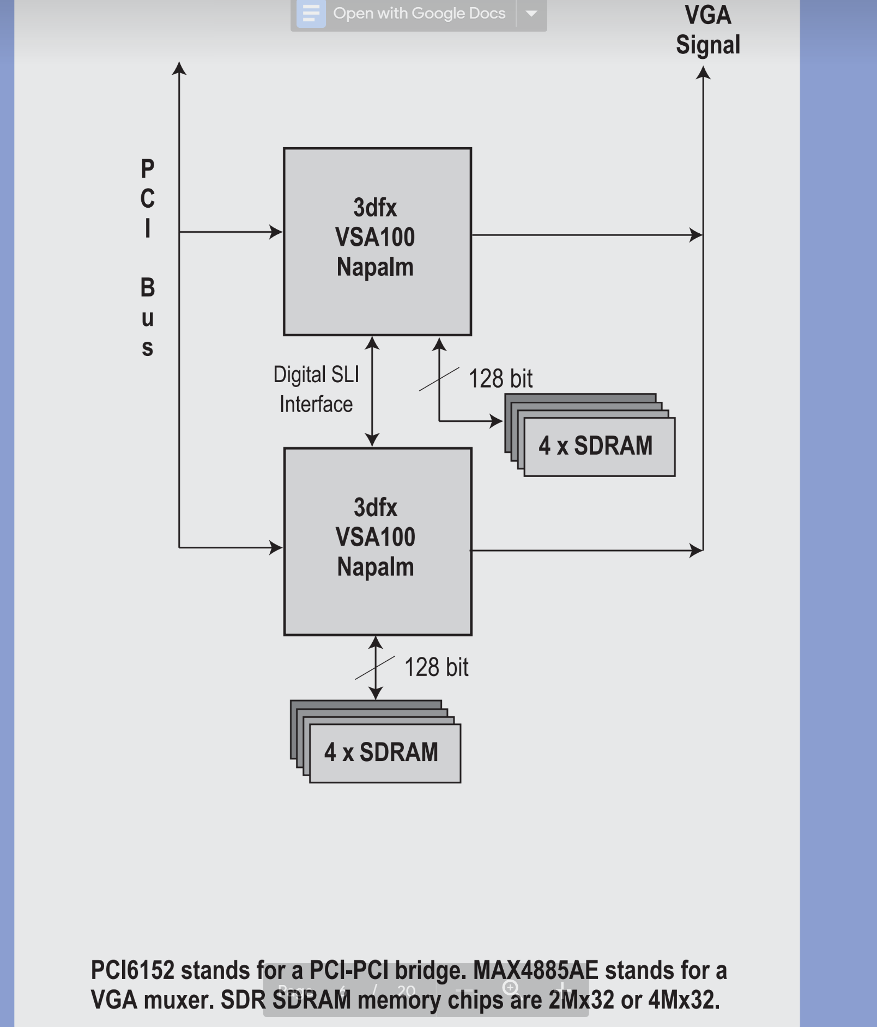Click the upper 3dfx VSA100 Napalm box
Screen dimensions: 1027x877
(377, 241)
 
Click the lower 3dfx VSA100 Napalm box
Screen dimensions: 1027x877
(377, 541)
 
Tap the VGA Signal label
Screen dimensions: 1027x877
(707, 30)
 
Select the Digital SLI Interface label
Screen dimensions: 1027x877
(316, 389)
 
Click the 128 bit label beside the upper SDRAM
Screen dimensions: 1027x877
(500, 378)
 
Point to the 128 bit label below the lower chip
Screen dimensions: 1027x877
(436, 667)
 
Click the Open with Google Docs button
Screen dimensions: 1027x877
(419, 13)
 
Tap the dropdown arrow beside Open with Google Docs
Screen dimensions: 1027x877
(531, 13)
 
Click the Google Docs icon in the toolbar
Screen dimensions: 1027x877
(311, 13)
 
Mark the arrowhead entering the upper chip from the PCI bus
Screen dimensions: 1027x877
(276, 232)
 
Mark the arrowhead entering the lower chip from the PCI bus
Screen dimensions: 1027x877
(276, 547)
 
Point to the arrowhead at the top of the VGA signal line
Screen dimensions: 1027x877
(703, 73)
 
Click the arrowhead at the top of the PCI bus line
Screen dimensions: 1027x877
(179, 69)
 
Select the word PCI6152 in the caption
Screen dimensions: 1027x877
(132, 970)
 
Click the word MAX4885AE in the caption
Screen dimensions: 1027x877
(535, 970)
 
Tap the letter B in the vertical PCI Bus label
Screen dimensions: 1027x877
(148, 287)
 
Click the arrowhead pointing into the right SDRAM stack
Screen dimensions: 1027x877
(496, 421)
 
